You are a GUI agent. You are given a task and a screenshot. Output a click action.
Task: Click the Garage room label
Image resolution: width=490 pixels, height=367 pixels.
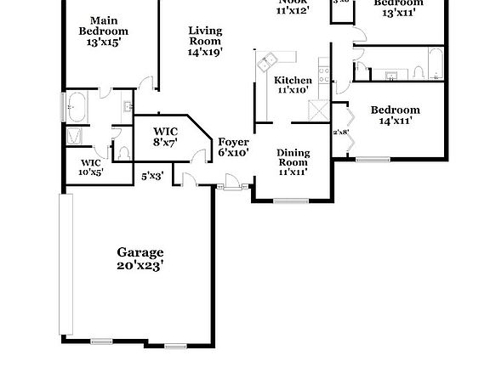tap(140, 252)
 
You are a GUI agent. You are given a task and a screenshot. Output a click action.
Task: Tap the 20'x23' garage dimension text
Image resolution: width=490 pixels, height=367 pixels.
tap(140, 265)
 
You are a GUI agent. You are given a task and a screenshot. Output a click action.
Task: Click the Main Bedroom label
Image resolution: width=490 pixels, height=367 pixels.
tap(104, 25)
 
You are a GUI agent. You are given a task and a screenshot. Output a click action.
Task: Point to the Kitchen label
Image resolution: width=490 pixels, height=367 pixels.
tap(293, 81)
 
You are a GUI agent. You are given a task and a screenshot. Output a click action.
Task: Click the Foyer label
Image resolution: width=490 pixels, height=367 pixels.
tap(233, 142)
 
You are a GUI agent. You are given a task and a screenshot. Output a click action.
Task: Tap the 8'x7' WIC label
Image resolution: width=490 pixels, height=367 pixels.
tap(165, 137)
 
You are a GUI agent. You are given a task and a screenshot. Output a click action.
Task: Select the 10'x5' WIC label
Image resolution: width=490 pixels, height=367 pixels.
tap(91, 167)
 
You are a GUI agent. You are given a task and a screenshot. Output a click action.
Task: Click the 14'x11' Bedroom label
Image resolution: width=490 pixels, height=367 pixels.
tap(395, 115)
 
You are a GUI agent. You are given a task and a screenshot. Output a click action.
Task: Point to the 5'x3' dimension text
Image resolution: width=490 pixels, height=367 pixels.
tap(152, 176)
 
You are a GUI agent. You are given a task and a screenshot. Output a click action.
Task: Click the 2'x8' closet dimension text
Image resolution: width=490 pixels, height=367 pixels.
tap(340, 132)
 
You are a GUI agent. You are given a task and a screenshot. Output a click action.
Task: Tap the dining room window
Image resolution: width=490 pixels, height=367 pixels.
tap(292, 201)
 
